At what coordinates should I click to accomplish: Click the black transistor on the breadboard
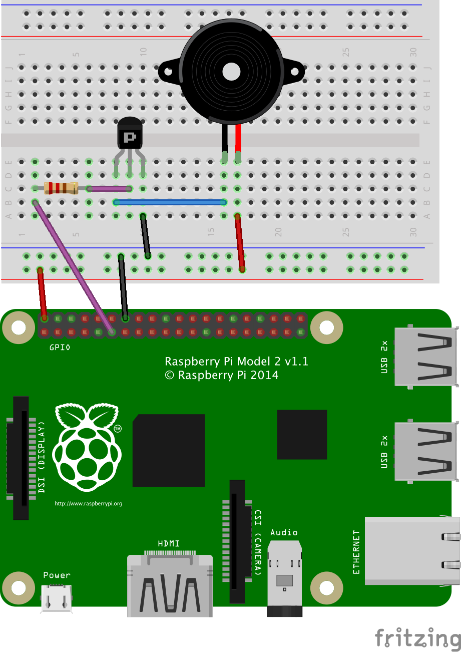[130, 134]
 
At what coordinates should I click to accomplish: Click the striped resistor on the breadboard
[61, 188]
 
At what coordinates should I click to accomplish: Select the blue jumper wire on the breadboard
[170, 202]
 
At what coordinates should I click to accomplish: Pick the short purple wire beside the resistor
[109, 189]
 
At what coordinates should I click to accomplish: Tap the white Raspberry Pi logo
[87, 447]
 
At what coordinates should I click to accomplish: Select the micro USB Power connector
[56, 597]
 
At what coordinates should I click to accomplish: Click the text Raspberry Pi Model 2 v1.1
[236, 362]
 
